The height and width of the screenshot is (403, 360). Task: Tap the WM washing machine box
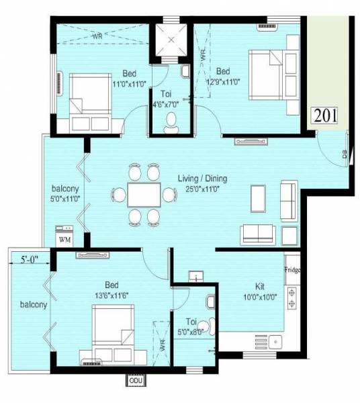click(x=64, y=237)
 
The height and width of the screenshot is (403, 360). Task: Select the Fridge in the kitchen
click(x=292, y=270)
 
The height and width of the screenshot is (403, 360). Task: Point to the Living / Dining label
click(x=202, y=179)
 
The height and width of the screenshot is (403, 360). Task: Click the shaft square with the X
click(x=171, y=42)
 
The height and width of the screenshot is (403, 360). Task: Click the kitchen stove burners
click(x=292, y=299)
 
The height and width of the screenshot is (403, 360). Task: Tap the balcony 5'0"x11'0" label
click(x=66, y=193)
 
